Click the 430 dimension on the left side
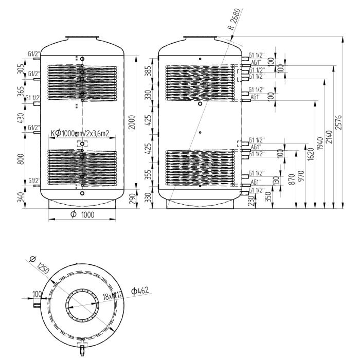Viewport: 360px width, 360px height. point(21,118)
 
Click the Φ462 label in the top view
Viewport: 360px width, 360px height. point(140,292)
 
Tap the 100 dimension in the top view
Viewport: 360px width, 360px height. point(37,294)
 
